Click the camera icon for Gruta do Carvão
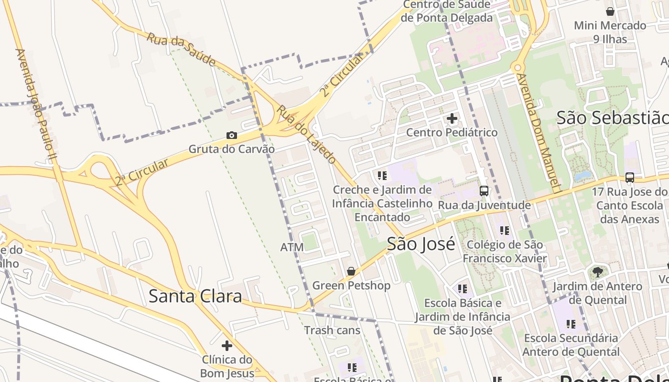[232, 136]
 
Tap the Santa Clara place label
[195, 296]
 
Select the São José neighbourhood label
[421, 244]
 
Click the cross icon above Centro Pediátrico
[452, 118]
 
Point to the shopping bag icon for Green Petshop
[351, 271]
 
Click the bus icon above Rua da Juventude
[484, 191]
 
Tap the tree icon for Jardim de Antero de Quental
[597, 272]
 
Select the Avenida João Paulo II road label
[36, 100]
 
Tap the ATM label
[292, 247]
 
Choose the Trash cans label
[332, 330]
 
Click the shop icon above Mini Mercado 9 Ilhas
[610, 11]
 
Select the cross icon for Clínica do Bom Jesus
[227, 345]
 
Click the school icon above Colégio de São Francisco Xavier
[505, 231]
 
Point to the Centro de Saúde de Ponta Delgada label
[447, 11]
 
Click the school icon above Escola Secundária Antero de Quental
[571, 324]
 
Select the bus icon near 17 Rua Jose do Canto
[630, 178]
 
